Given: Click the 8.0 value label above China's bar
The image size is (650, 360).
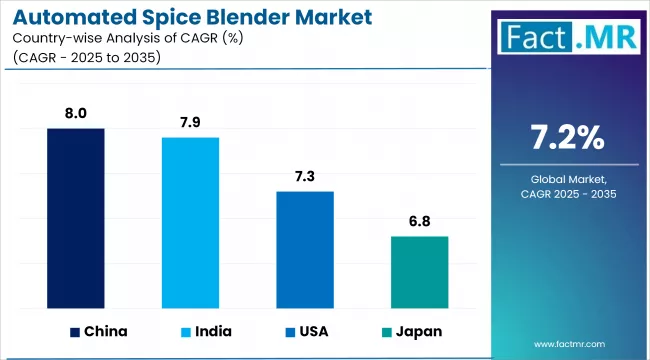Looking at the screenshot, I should point(76,115).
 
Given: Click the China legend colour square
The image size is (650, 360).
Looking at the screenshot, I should point(75,331).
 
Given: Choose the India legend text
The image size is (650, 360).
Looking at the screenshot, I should point(216,331).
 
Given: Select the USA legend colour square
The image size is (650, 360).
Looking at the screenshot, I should point(289,331).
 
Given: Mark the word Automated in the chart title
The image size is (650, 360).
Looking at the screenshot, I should point(66,17).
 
